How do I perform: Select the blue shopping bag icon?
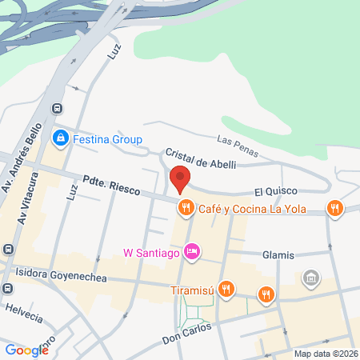click(x=59, y=139)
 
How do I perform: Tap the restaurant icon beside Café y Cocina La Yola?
click(x=186, y=208)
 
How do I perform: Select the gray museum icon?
click(x=310, y=278)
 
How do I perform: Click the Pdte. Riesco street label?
click(x=111, y=184)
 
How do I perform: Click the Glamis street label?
click(x=278, y=255)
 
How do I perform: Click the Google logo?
click(x=26, y=350)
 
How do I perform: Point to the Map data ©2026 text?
click(x=325, y=354)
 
